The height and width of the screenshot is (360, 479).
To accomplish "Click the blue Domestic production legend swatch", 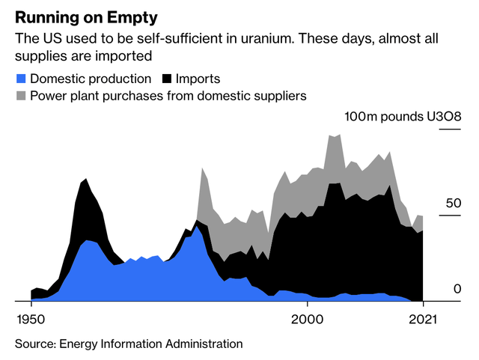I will tap(20, 79).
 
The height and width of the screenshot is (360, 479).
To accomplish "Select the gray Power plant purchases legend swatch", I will tap(20, 96).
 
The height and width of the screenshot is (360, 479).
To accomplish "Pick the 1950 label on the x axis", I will tap(31, 317).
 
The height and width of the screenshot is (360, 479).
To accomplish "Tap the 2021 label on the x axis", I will tap(423, 317).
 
